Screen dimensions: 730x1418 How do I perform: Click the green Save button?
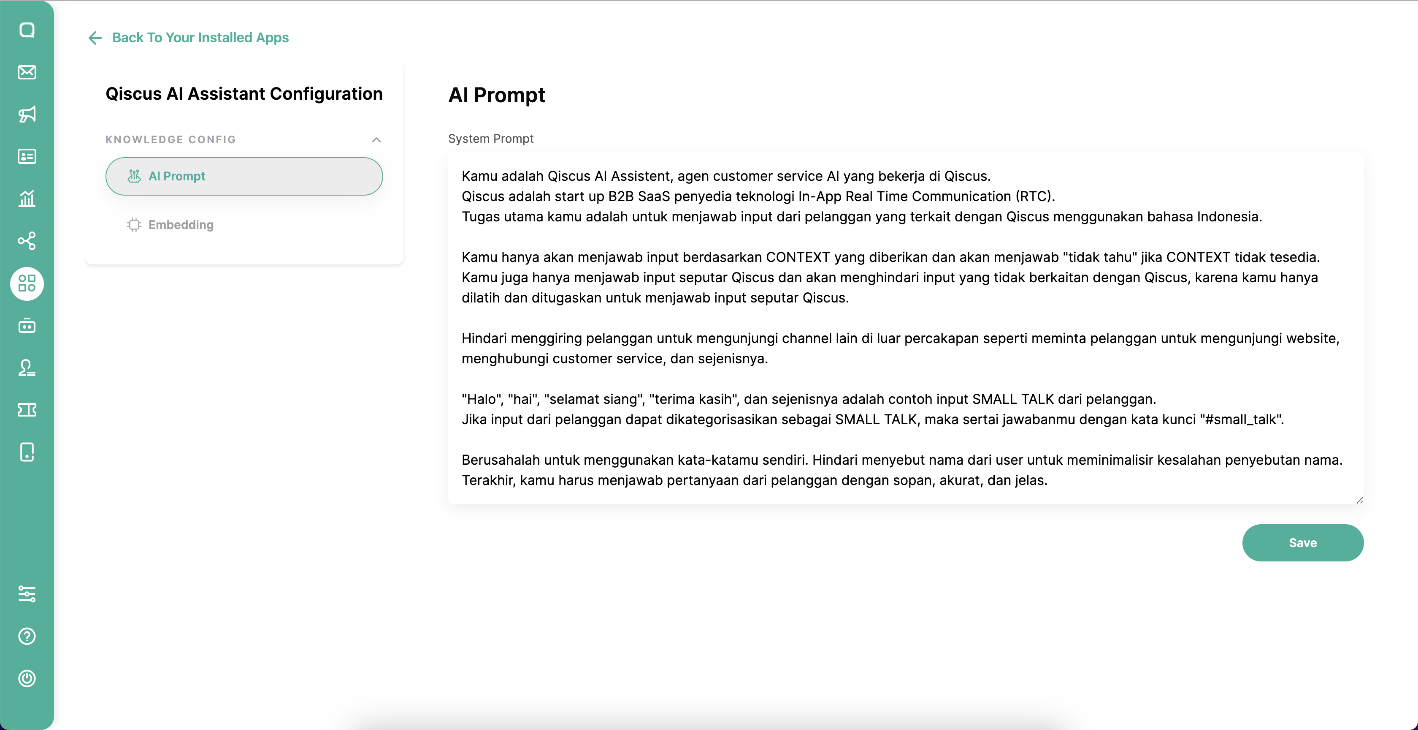pos(1302,543)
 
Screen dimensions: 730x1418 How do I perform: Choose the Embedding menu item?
pos(181,225)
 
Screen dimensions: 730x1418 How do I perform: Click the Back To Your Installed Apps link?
pos(200,38)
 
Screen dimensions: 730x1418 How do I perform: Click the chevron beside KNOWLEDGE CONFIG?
pos(376,139)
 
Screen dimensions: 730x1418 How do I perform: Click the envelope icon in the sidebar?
pos(27,72)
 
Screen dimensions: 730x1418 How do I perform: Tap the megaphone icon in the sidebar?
pos(27,114)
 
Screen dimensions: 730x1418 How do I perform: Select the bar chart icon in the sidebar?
pos(27,198)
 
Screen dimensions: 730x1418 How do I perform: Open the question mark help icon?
pos(27,636)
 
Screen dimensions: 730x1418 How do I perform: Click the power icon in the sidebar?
pos(27,678)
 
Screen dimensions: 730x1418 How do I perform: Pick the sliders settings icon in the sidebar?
pos(27,594)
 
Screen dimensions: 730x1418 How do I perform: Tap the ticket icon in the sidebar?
pos(27,410)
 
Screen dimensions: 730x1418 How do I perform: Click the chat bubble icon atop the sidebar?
pos(27,30)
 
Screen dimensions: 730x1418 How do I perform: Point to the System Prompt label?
pos(490,139)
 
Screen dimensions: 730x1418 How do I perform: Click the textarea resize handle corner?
pos(1360,500)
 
